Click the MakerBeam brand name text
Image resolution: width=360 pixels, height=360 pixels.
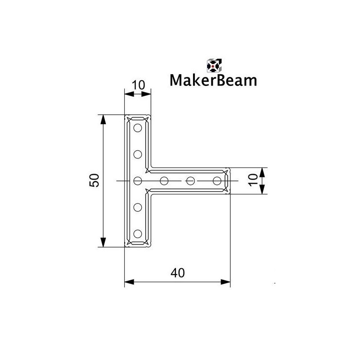(x=214, y=80)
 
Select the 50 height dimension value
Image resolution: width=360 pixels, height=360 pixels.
(x=94, y=181)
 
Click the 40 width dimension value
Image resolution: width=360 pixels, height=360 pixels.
(x=177, y=273)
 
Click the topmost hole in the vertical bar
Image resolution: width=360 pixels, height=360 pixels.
(x=138, y=128)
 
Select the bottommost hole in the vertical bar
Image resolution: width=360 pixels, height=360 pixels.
(x=138, y=234)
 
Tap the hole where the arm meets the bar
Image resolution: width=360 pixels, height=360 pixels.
(x=138, y=181)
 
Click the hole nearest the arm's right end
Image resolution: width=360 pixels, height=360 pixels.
(x=217, y=181)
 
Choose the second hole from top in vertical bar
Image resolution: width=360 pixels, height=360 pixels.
(x=138, y=154)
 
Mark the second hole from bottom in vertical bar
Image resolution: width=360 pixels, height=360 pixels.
(x=138, y=207)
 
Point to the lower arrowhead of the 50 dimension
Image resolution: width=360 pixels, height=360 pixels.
(x=103, y=243)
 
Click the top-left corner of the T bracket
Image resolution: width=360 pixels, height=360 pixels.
(x=125, y=116)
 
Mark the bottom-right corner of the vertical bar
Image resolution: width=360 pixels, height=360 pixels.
(x=150, y=246)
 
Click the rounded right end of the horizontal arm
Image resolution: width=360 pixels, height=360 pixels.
(x=229, y=181)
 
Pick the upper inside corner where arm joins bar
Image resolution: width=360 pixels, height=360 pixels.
(x=151, y=168)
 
